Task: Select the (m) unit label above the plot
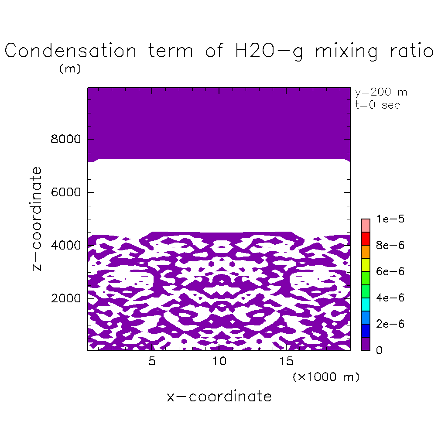(70, 69)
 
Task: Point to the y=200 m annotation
(381, 92)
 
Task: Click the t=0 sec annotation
(377, 105)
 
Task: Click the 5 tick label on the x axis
(152, 362)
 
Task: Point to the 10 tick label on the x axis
(219, 362)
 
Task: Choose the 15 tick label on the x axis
(286, 362)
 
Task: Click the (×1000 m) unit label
(325, 377)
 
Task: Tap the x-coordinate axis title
(219, 397)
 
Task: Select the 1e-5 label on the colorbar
(390, 219)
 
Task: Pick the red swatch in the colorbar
(366, 239)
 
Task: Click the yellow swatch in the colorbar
(366, 265)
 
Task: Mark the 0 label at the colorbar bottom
(379, 350)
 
